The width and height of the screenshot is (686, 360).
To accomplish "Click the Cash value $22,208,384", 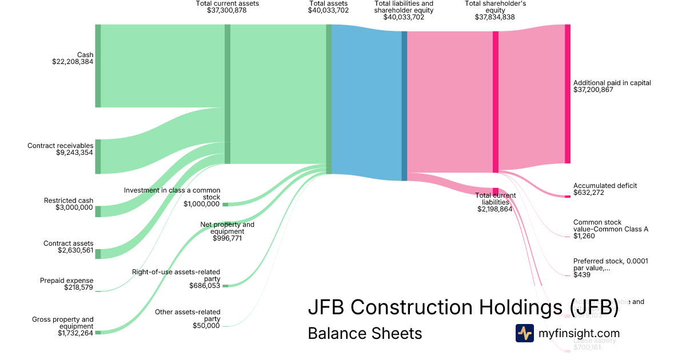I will [x=73, y=62].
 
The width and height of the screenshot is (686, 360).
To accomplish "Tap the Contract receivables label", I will [x=61, y=146].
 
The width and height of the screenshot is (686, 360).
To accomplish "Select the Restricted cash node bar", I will [x=98, y=211].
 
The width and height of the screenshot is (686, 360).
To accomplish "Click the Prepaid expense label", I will [x=66, y=281].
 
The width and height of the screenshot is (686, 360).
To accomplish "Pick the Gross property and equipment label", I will [x=63, y=319].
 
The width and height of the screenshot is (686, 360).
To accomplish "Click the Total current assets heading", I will [x=227, y=3].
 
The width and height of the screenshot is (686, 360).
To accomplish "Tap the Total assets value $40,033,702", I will [x=328, y=10].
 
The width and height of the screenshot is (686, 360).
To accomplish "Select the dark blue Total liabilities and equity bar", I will [x=404, y=106].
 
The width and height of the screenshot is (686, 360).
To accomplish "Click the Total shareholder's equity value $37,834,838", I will [x=495, y=17].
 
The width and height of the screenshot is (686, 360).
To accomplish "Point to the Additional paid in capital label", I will [x=612, y=83].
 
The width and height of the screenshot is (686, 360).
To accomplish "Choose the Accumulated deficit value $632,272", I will [x=589, y=193].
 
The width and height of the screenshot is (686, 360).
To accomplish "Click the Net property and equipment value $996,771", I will [x=227, y=238].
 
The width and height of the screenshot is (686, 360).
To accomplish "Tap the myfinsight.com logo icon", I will [x=524, y=333].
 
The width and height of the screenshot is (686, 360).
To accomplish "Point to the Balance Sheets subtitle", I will [x=365, y=333].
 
